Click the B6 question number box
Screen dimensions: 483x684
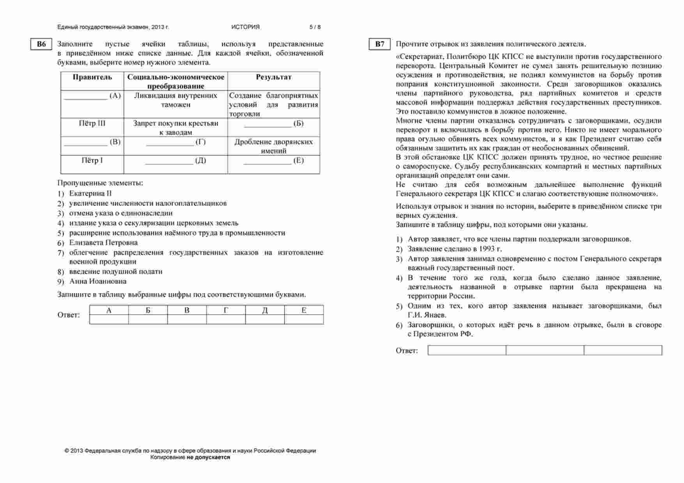pos(41,44)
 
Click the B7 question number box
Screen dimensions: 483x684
pos(379,44)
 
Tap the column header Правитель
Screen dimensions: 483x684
pos(92,77)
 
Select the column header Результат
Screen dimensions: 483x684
pos(273,77)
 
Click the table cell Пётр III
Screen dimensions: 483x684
pos(92,124)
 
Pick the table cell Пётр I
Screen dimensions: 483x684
pos(92,161)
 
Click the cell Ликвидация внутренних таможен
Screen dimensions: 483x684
pos(175,100)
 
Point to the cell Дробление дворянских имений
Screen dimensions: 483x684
pos(273,146)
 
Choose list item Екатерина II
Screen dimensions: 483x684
pos(90,193)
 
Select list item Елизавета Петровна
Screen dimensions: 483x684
pos(103,242)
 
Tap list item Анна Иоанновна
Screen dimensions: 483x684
pos(97,281)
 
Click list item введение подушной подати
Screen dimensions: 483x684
pos(115,271)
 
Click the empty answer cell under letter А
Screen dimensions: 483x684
pos(109,320)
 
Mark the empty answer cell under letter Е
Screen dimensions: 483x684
pos(304,320)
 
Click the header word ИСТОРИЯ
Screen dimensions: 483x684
pos(245,27)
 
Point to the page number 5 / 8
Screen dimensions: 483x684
pos(315,27)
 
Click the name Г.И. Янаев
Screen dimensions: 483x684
pos(427,315)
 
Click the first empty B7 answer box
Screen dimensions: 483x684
pos(466,350)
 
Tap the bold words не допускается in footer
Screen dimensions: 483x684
pos(208,457)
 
